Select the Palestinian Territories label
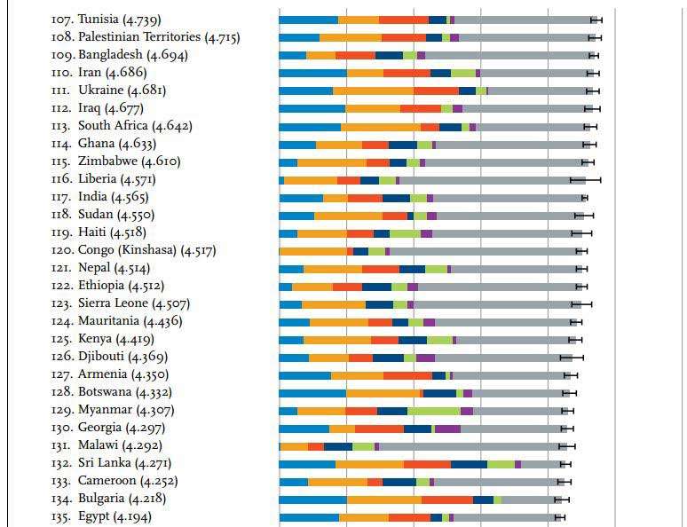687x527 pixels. [146, 37]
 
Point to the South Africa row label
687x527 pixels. [122, 126]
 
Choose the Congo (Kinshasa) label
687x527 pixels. [134, 250]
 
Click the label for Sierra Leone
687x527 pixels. [121, 303]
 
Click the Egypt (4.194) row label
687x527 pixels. [102, 516]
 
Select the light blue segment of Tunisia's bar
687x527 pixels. [308, 20]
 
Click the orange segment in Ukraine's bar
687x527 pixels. [373, 90]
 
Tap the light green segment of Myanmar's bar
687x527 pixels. [433, 410]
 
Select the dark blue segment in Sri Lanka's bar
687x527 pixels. [469, 463]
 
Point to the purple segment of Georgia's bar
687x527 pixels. [447, 428]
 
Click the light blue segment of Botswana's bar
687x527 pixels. [312, 392]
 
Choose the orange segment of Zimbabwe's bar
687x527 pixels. [331, 161]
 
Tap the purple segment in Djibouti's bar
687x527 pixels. [425, 357]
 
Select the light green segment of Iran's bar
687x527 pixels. [462, 73]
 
